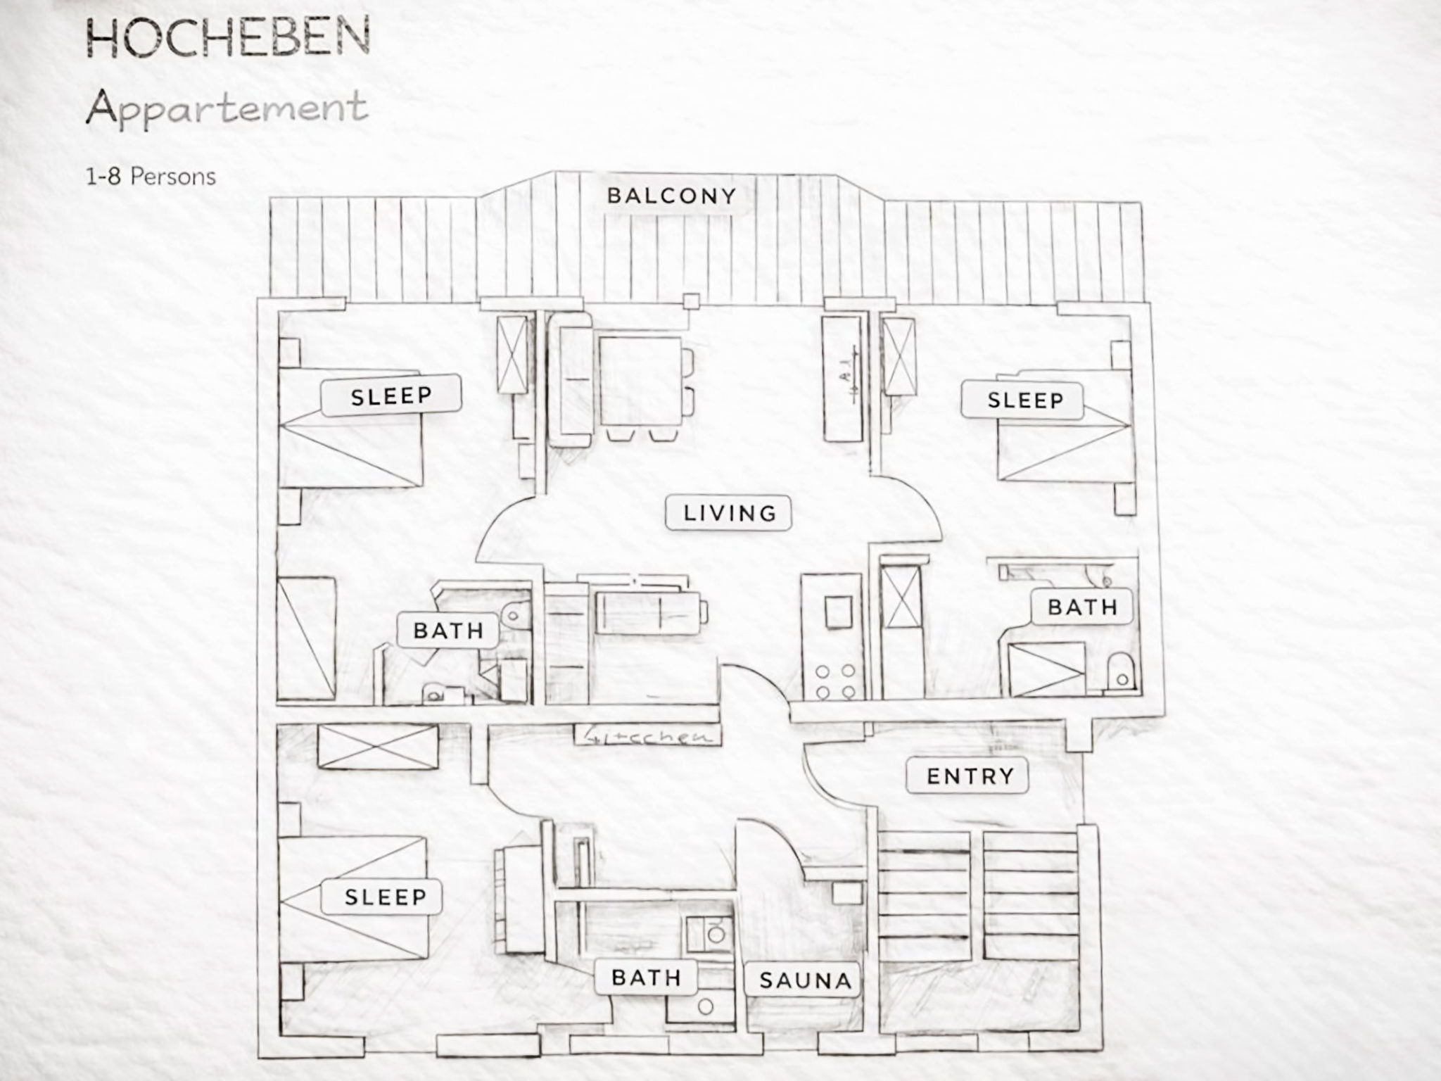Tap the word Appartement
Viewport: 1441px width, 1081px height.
point(227,108)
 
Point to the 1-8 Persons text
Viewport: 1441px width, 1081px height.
point(151,176)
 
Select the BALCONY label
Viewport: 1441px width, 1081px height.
point(671,196)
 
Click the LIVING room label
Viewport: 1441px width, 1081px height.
point(729,513)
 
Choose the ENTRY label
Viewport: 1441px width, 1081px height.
point(970,776)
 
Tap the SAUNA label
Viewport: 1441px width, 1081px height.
point(805,980)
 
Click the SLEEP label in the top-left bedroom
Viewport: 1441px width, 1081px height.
point(391,396)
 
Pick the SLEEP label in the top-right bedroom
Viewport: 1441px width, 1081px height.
point(1024,400)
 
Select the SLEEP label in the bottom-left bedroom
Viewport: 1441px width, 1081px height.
point(385,897)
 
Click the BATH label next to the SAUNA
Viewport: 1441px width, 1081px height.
point(646,978)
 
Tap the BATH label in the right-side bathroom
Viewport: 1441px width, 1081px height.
point(1082,607)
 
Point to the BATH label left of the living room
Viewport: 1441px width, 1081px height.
point(448,631)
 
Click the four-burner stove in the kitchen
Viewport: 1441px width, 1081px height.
point(835,682)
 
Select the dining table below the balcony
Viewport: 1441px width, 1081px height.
point(640,381)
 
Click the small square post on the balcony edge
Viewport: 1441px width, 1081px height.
point(691,301)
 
